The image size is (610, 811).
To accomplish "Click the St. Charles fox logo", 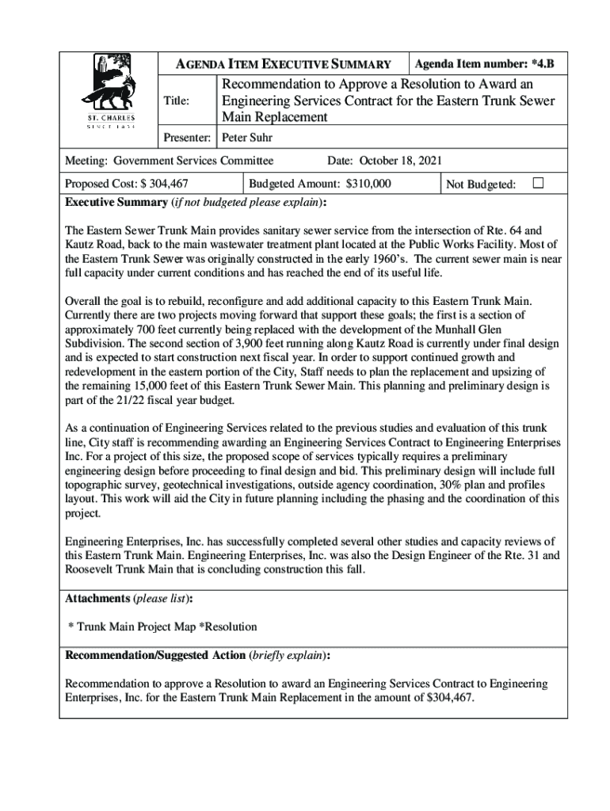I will pyautogui.click(x=110, y=91).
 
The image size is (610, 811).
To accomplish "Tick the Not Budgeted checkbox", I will pyautogui.click(x=538, y=183).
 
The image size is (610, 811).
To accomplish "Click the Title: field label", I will pyautogui.click(x=176, y=101).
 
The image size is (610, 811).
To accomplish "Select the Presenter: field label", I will pyautogui.click(x=186, y=137).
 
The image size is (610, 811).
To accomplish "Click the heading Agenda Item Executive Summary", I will pyautogui.click(x=283, y=64).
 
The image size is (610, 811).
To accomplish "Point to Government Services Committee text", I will pyautogui.click(x=193, y=161).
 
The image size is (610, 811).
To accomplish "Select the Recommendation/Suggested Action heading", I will pyautogui.click(x=155, y=656).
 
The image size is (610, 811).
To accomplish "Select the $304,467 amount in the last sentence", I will pyautogui.click(x=449, y=698).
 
